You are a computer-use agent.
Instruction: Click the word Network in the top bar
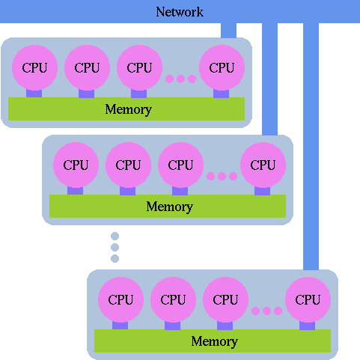click(180, 12)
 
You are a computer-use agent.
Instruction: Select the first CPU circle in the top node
click(34, 67)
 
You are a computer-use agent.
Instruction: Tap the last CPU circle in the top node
click(222, 67)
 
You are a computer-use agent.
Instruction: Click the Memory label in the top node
click(128, 109)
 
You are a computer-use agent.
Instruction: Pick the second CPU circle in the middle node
click(128, 165)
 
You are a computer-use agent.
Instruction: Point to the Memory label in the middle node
click(169, 207)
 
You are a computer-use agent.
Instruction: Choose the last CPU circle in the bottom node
click(308, 299)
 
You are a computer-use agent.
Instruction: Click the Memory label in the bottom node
click(214, 341)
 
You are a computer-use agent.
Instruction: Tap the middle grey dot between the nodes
click(115, 247)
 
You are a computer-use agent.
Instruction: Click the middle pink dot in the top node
click(180, 79)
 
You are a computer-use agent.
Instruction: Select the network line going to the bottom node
click(311, 146)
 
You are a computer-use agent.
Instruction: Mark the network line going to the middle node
click(269, 79)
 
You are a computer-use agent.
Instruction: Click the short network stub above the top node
click(228, 30)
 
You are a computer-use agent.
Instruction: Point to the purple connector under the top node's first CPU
click(34, 94)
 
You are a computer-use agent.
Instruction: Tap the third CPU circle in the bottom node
click(225, 299)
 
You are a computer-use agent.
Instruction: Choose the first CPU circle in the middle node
click(76, 165)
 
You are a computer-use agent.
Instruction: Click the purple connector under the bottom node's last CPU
click(307, 326)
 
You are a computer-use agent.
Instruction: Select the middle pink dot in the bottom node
click(266, 311)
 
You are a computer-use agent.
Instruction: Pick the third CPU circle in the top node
click(139, 67)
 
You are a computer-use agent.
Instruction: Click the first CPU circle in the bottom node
click(120, 299)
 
